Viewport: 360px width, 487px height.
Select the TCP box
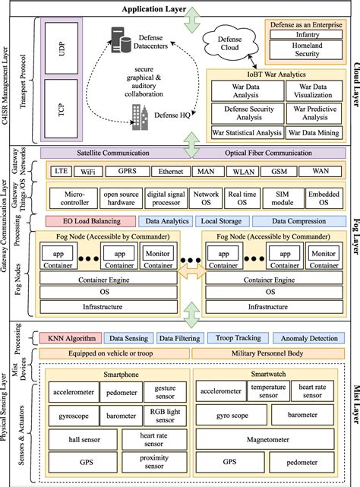coord(62,108)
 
